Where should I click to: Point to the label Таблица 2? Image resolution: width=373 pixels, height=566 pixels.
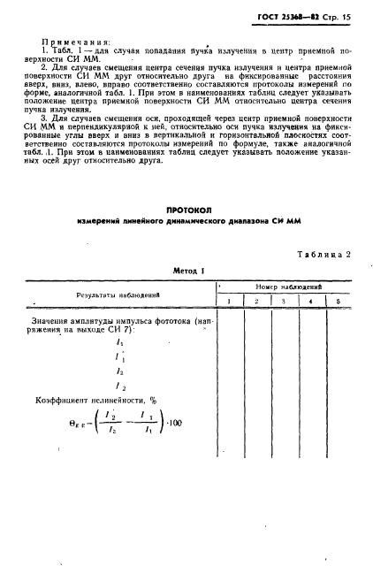[x=320, y=254]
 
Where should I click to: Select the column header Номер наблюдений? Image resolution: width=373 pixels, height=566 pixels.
[x=286, y=287]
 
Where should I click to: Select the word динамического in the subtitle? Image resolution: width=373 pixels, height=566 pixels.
[x=209, y=222]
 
